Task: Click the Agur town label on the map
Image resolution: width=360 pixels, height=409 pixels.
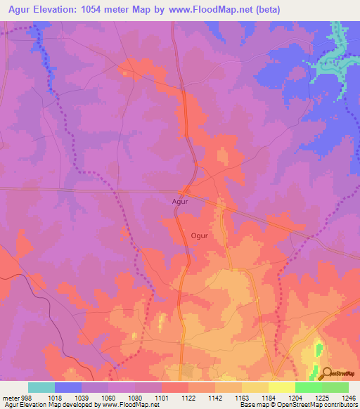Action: pos(181,201)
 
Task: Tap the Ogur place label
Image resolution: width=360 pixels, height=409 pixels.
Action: pos(199,235)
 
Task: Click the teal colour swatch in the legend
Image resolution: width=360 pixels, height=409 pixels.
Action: pos(41,387)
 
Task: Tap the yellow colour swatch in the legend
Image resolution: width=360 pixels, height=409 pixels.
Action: pos(281,387)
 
